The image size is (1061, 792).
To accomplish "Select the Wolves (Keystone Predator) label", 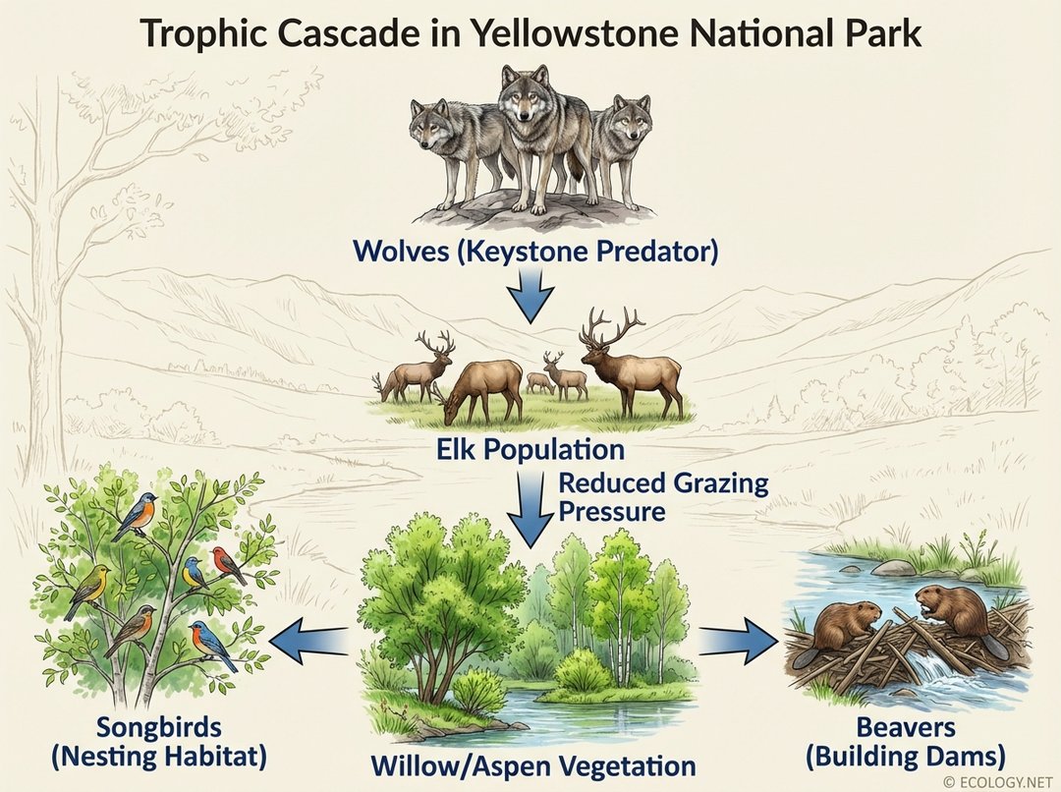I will point(535,251).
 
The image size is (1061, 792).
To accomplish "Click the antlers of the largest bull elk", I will point(611,328).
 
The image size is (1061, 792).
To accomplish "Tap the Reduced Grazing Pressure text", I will point(663,496).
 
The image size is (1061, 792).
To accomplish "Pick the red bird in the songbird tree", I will point(228,565).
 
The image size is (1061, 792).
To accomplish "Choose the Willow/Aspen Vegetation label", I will point(533,765).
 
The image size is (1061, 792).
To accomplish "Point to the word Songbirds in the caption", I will point(158,729).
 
